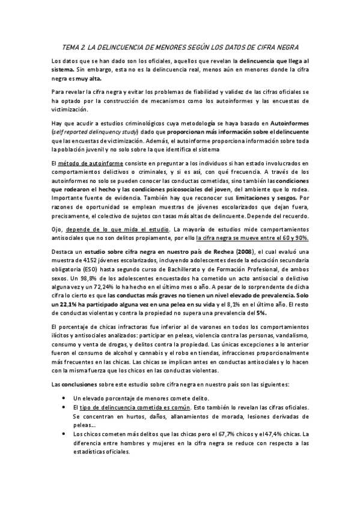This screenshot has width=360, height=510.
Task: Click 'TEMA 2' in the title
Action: [x=73, y=46]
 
